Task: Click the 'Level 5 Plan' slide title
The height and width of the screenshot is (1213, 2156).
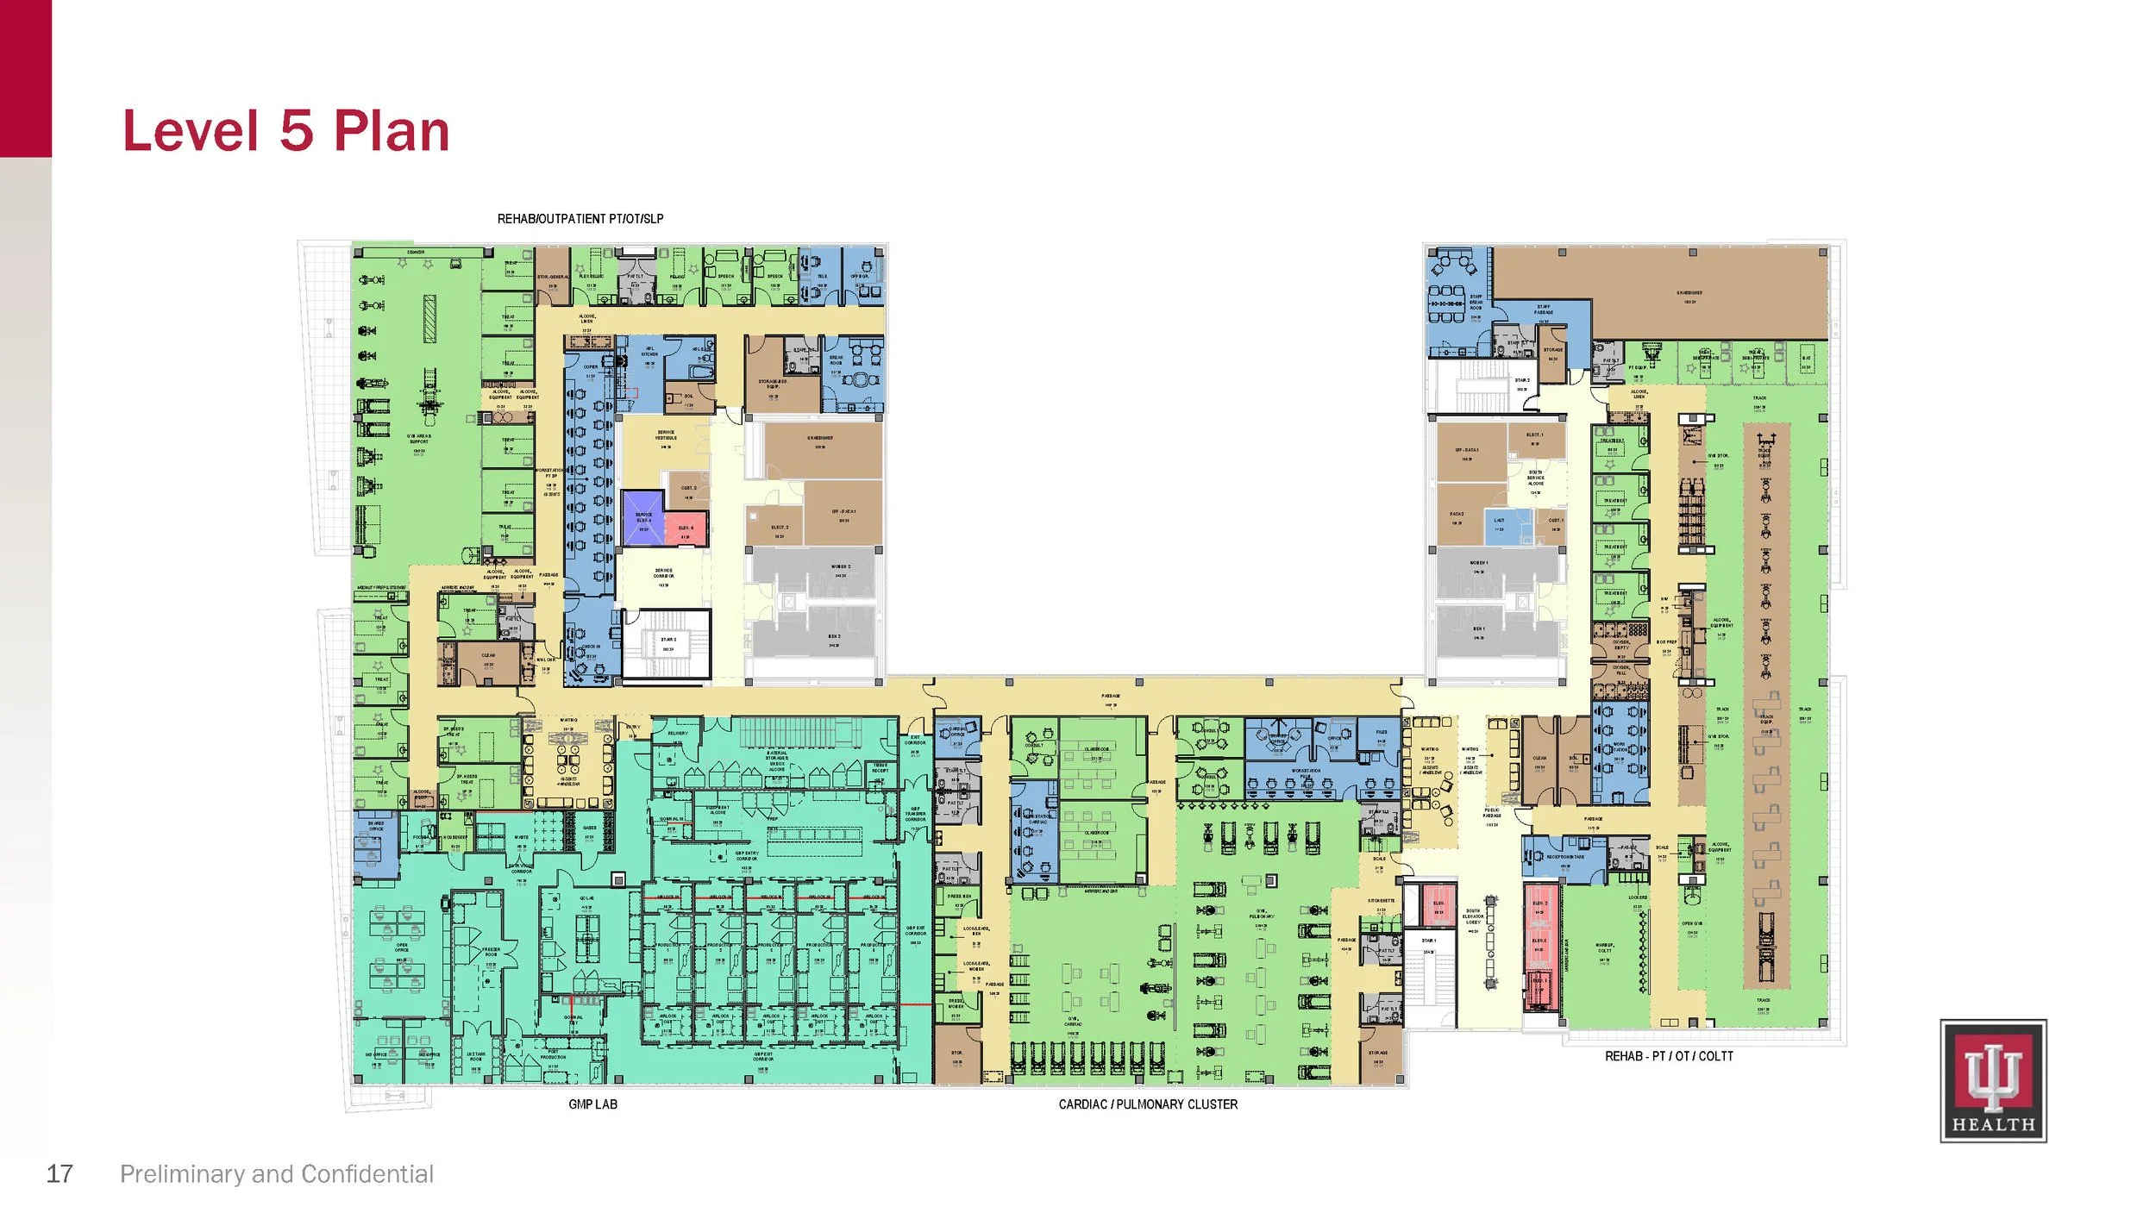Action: (x=286, y=131)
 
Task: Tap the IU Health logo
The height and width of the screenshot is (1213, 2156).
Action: (x=1992, y=1080)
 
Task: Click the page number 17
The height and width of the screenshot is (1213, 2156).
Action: (x=59, y=1173)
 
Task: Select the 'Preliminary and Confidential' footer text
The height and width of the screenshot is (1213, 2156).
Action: (x=276, y=1173)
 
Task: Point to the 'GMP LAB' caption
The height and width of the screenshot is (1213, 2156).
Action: (x=592, y=1104)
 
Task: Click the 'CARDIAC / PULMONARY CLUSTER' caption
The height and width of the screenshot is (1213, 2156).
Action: (x=1147, y=1104)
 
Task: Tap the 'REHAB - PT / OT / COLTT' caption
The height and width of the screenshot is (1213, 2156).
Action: (x=1668, y=1056)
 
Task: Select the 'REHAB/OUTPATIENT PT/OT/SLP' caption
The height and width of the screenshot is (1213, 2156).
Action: (x=580, y=219)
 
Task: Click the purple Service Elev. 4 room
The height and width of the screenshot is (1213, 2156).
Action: (x=642, y=517)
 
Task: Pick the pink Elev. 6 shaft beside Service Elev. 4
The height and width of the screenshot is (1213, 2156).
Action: (x=686, y=528)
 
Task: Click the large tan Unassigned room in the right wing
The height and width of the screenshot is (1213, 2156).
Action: (x=1690, y=293)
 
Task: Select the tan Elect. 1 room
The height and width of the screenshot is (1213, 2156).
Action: (x=1536, y=440)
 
